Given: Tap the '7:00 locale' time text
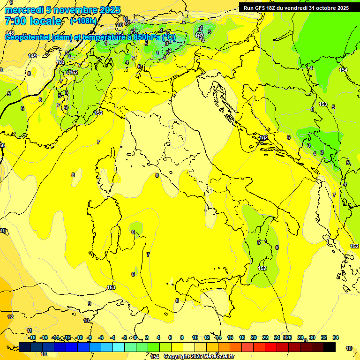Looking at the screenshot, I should click(x=33, y=21).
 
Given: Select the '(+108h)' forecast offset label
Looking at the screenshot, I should click(x=83, y=21).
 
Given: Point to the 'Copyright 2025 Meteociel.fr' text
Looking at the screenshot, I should click(x=199, y=357).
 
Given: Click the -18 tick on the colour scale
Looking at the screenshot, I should click(x=32, y=337).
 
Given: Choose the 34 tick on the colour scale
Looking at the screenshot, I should click(x=336, y=337).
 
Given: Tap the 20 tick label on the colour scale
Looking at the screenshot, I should click(x=254, y=337).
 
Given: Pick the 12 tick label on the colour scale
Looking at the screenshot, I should click(x=207, y=337).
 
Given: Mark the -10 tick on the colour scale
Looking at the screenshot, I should click(x=79, y=337).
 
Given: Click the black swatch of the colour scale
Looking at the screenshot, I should click(x=330, y=347).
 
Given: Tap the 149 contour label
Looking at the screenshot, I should click(x=32, y=56).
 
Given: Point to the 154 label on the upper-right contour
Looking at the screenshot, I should click(x=344, y=70).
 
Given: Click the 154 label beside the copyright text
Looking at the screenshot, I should click(x=155, y=357).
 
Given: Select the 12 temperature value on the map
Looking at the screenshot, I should click(x=10, y=317).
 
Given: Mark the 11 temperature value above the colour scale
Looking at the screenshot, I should click(x=29, y=330).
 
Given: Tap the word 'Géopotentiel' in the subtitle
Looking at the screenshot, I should click(x=28, y=37).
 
